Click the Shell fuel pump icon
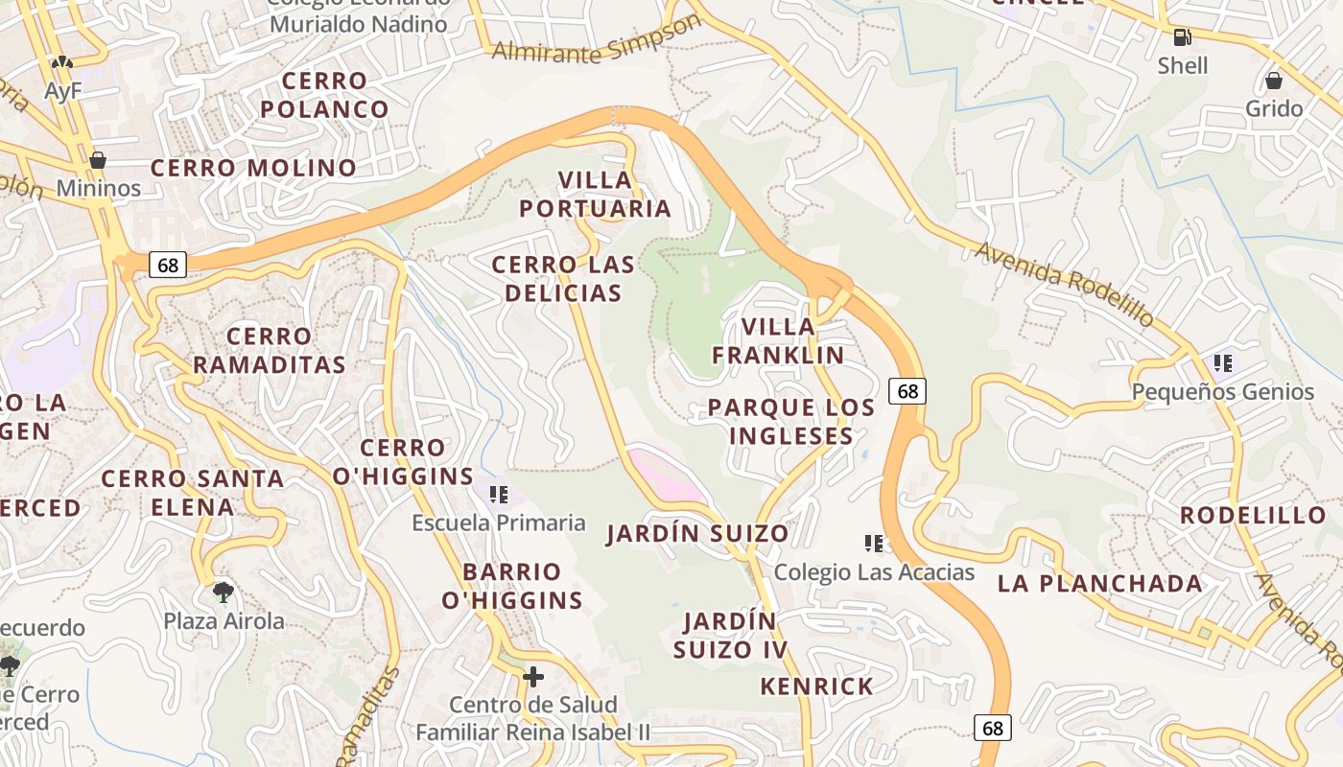1182,37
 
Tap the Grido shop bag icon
1274,81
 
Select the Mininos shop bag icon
97,160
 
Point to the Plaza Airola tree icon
224,593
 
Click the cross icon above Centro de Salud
532,677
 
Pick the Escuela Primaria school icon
498,495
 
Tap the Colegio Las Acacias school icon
873,544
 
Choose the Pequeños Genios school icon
1222,363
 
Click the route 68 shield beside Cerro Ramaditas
168,266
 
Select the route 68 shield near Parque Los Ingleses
907,391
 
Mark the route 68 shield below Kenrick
992,728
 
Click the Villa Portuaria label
595,194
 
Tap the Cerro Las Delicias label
563,279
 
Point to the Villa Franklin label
778,341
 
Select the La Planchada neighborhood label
1099,584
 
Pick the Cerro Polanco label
324,95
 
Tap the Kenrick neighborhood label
816,686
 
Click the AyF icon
62,63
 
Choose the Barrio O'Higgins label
511,586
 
